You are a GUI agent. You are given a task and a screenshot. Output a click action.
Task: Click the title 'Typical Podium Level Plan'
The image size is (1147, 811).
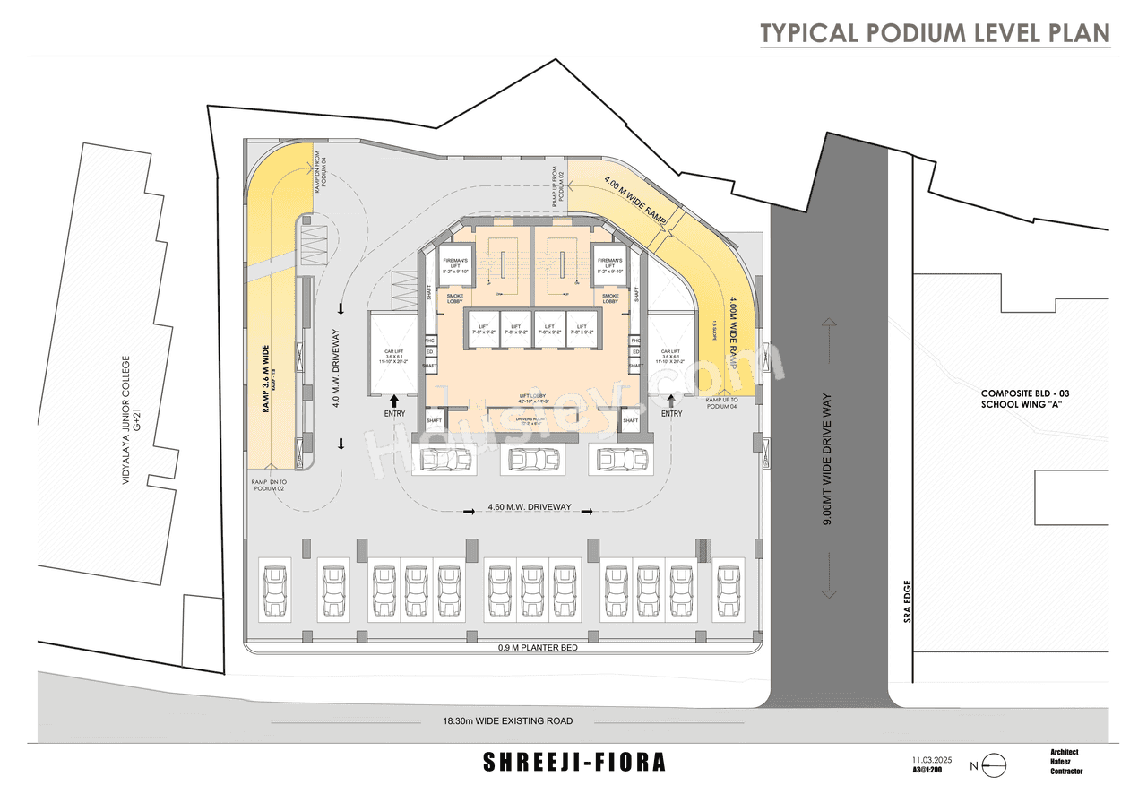point(935,33)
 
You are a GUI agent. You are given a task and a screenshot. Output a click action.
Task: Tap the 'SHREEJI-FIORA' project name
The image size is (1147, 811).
point(574,763)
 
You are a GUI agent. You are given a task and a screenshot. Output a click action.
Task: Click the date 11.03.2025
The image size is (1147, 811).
point(932,759)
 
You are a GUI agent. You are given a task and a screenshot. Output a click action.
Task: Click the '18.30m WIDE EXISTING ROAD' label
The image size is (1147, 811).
point(506,720)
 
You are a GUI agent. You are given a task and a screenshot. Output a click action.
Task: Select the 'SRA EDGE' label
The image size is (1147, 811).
point(907,601)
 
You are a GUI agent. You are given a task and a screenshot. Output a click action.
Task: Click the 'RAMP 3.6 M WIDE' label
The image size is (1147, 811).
point(267,379)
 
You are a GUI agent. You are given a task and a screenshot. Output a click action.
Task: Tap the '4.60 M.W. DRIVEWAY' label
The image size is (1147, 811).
point(530,507)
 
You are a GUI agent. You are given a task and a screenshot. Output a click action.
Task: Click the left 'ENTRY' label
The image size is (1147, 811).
point(394,414)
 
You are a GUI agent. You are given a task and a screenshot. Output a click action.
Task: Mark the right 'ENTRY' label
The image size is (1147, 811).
point(672,414)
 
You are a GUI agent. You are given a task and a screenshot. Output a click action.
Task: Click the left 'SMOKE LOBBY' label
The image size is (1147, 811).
point(456,300)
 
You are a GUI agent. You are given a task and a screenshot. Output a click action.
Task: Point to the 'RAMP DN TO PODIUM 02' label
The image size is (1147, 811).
point(268,485)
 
